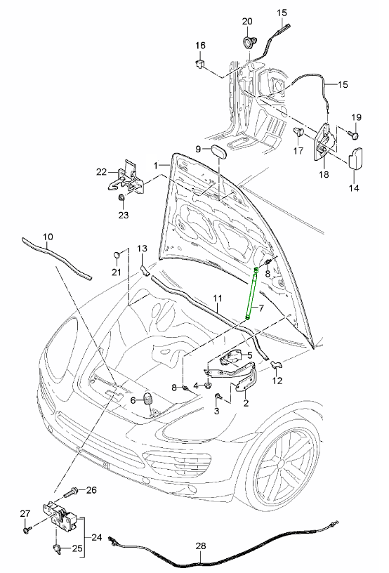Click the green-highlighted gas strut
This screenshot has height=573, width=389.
[252, 294]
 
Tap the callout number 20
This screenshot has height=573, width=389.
[247, 21]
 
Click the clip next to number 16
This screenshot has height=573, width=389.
[199, 64]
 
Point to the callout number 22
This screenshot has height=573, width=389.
[102, 171]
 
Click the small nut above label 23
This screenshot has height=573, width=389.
[121, 198]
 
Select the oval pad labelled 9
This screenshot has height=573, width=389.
[218, 151]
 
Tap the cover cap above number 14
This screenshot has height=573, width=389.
[357, 157]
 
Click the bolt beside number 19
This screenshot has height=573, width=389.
[354, 135]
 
